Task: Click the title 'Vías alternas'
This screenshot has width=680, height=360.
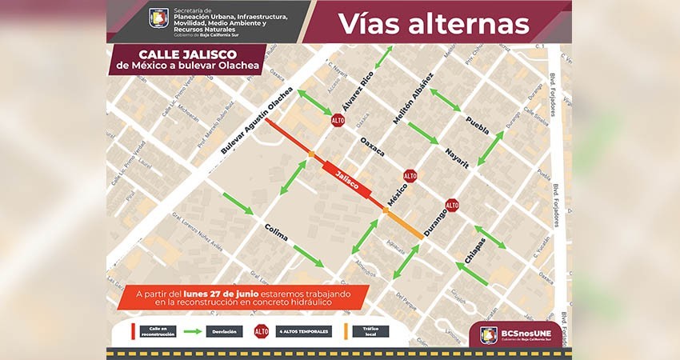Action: tap(434, 23)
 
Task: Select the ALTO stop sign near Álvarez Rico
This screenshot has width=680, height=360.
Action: tap(338, 120)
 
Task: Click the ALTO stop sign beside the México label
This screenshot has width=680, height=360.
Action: tap(410, 175)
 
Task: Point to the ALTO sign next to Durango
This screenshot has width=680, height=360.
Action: tap(452, 205)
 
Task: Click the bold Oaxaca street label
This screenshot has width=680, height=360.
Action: tap(372, 146)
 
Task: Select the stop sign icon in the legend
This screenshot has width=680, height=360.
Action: tap(261, 330)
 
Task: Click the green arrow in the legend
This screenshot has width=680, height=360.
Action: tap(192, 330)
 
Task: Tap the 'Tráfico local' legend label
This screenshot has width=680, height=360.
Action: tap(370, 330)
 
